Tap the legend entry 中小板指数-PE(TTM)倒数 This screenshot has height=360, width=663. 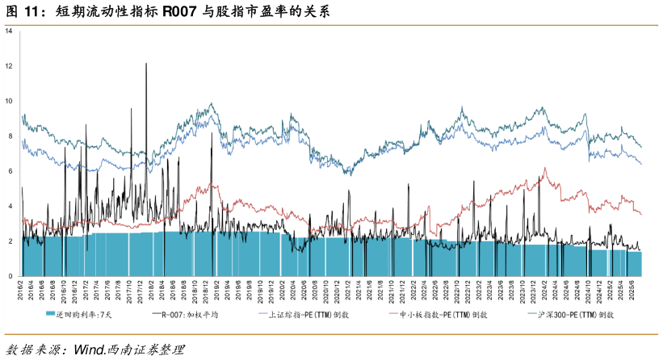pyautogui.click(x=444, y=315)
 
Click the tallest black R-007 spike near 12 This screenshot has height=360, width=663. pyautogui.click(x=146, y=64)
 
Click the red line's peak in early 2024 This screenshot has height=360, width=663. pyautogui.click(x=546, y=168)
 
